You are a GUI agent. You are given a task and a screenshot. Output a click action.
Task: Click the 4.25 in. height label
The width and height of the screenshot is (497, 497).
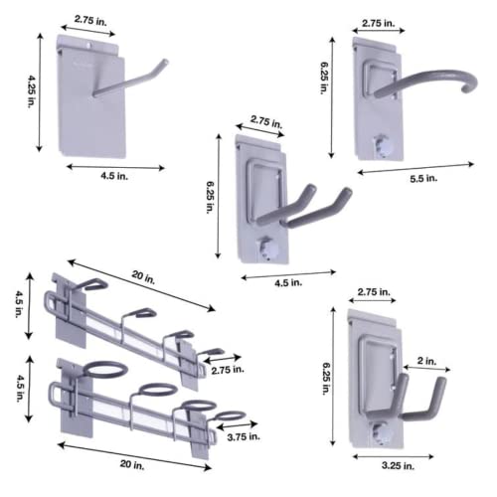(32, 91)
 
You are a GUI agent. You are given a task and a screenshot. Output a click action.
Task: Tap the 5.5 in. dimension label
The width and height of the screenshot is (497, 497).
(423, 179)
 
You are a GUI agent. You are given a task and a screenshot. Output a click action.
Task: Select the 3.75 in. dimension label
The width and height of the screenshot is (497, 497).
(244, 437)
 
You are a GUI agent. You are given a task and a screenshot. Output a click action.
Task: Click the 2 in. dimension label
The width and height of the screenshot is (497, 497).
(426, 361)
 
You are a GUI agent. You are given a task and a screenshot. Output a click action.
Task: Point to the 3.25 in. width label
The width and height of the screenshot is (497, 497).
(398, 465)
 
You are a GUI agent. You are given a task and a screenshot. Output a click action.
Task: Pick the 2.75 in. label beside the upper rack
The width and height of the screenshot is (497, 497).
(228, 370)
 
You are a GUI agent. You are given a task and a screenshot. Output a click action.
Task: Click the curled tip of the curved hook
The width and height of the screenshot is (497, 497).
(470, 84)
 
